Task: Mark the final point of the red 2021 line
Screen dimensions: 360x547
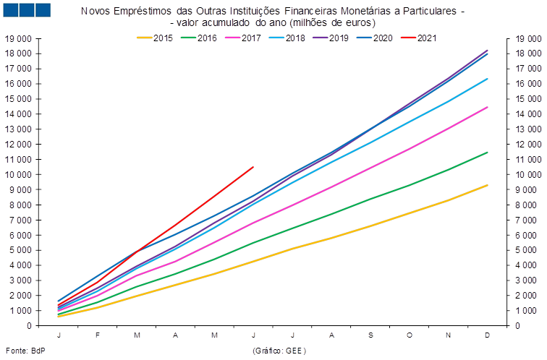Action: (253, 167)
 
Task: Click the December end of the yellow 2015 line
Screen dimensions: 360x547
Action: (488, 185)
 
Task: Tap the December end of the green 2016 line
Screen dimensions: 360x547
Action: (488, 152)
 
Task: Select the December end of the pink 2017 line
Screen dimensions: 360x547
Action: (488, 107)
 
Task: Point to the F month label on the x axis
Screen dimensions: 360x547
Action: (98, 335)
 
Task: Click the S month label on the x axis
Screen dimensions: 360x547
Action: (370, 335)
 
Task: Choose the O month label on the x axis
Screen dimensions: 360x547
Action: (410, 335)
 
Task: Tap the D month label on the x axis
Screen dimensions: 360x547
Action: (488, 335)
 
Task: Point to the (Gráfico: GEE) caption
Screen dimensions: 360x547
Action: (279, 351)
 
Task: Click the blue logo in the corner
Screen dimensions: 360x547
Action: (27, 10)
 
